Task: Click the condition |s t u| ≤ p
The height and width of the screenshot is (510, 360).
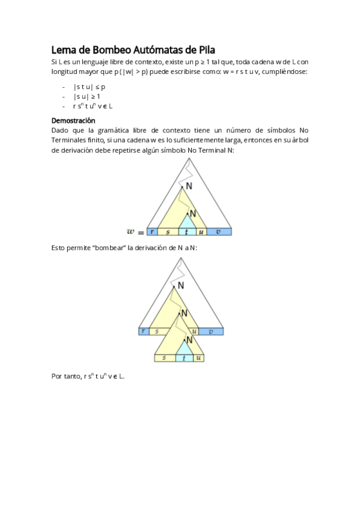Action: coord(89,87)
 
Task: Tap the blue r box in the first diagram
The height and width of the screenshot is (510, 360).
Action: coord(153,232)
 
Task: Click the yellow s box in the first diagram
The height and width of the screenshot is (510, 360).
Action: coord(168,232)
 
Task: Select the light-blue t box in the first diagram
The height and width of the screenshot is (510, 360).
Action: coord(188,232)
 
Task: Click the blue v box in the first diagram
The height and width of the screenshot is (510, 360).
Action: coord(219,232)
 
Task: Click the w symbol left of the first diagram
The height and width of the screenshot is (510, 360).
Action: coord(131,232)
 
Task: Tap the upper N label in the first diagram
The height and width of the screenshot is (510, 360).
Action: coord(189,186)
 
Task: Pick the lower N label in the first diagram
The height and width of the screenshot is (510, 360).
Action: coord(192,214)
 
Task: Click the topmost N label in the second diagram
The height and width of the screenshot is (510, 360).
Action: coord(181,285)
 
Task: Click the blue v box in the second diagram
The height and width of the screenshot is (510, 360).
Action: coord(211,331)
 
